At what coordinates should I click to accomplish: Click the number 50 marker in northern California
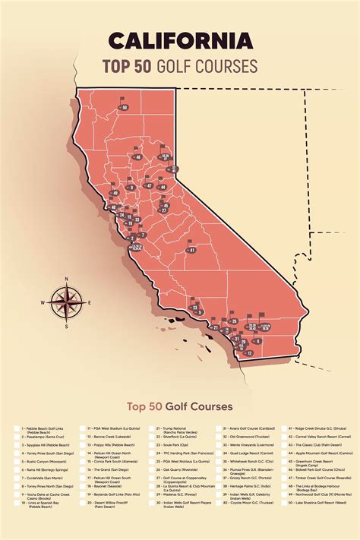point(124,109)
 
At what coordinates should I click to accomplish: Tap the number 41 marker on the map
point(192,249)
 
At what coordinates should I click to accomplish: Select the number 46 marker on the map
point(137,157)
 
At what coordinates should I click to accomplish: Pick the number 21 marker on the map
point(216,327)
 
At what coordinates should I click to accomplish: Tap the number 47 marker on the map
point(150,185)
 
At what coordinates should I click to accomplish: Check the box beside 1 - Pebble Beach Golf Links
point(17,429)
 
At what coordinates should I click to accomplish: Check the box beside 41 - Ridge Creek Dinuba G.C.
point(289,429)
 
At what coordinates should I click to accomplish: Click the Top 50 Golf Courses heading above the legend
point(179,406)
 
